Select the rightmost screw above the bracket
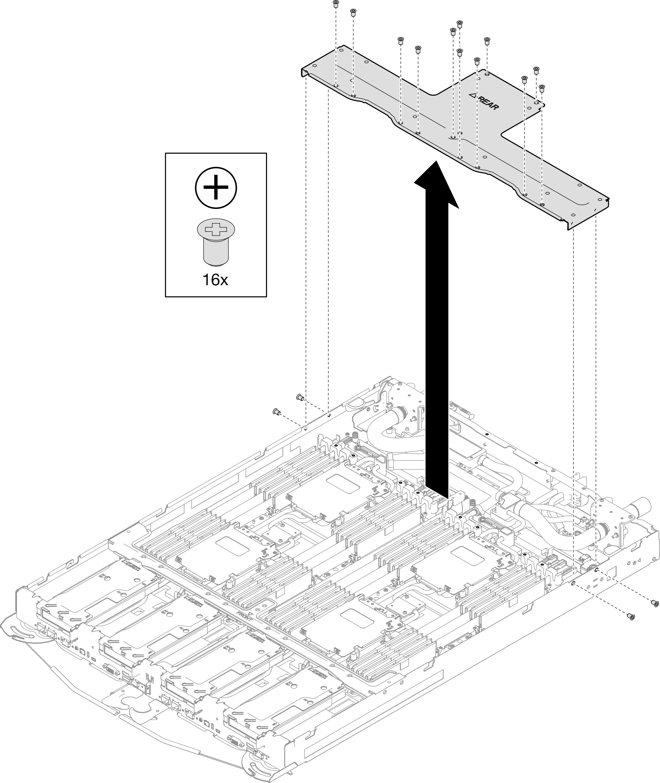pos(541,88)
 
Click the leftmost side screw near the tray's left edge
pos(276,412)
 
